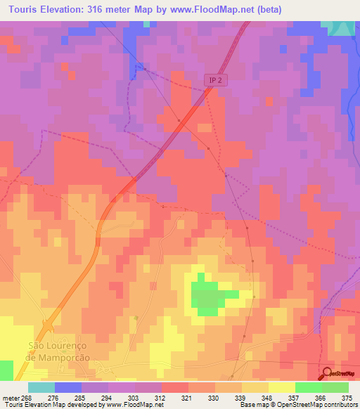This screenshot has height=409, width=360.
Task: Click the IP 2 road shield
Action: coord(215,81)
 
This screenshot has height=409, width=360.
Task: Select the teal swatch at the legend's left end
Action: coord(41,387)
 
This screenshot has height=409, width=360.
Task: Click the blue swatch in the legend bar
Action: coord(67,387)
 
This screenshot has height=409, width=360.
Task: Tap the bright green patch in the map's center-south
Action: coord(207,295)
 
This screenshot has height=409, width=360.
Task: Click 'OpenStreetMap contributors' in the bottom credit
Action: coord(321,405)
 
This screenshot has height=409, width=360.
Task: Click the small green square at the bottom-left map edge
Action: coord(6,370)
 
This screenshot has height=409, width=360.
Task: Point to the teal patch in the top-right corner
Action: coord(342,27)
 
